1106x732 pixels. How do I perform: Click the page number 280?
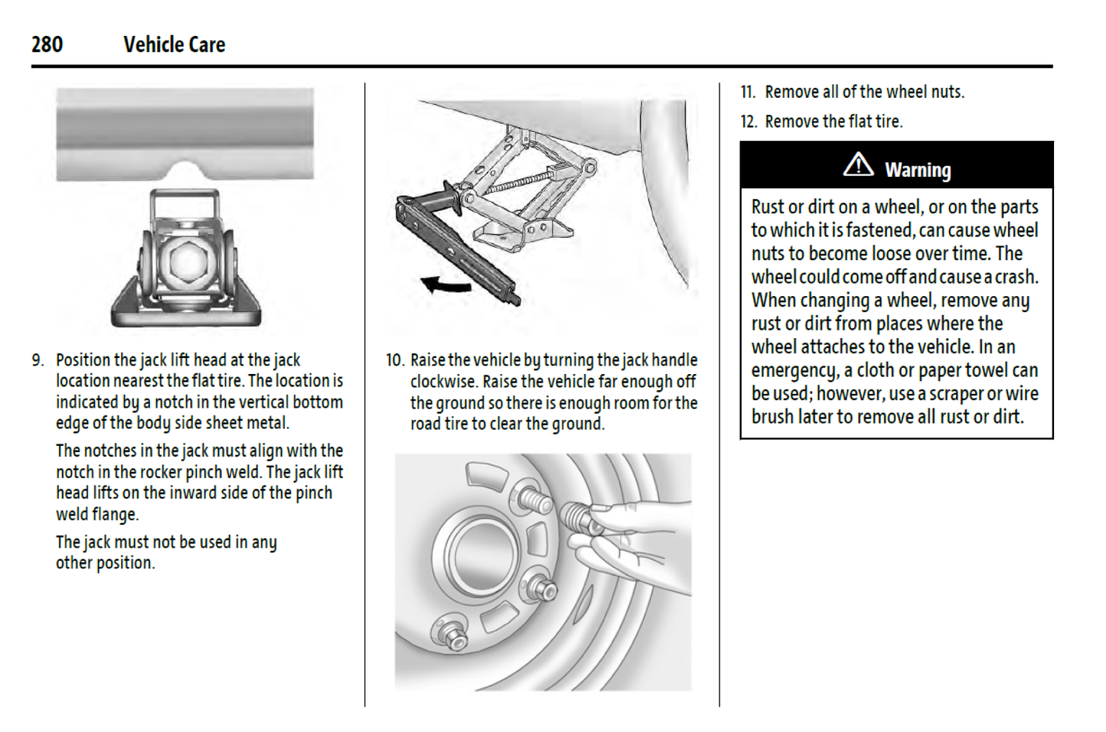pos(47,44)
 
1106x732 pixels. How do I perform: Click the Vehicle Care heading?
pos(174,44)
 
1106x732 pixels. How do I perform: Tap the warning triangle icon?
pos(858,164)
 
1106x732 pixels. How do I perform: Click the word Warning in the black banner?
pos(918,170)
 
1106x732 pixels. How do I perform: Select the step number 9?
pos(38,360)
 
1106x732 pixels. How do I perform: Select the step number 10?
pos(394,360)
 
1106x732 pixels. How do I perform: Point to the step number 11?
pos(747,93)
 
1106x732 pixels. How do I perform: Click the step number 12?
pos(748,122)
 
